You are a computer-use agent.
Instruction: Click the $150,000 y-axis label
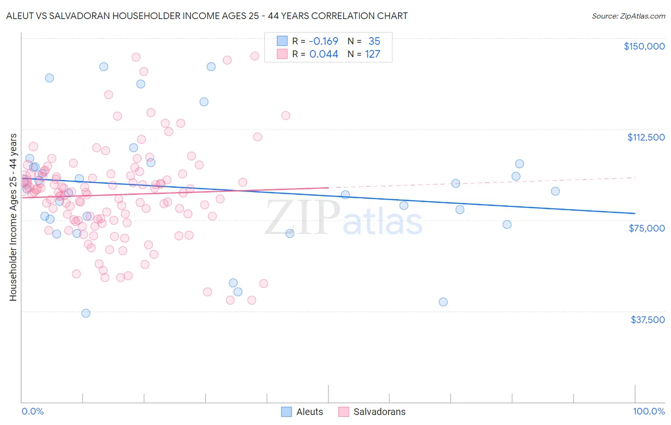pyautogui.click(x=644, y=46)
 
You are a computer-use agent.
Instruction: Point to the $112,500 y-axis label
pyautogui.click(x=646, y=137)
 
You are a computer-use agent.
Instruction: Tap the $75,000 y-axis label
pyautogui.click(x=647, y=228)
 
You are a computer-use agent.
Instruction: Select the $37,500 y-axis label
pyautogui.click(x=648, y=320)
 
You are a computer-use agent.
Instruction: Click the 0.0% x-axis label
pyautogui.click(x=32, y=412)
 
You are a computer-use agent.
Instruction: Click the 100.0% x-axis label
pyautogui.click(x=649, y=412)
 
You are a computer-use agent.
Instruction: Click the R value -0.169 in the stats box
pyautogui.click(x=324, y=41)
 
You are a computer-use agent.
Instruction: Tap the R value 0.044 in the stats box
pyautogui.click(x=324, y=54)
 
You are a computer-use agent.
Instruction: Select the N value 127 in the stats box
pyautogui.click(x=372, y=54)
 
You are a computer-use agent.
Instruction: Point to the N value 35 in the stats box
pyautogui.click(x=374, y=41)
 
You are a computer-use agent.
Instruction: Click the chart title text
pyautogui.click(x=207, y=16)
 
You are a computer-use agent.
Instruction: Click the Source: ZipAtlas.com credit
pyautogui.click(x=628, y=16)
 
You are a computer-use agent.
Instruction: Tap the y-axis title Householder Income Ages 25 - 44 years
pyautogui.click(x=13, y=217)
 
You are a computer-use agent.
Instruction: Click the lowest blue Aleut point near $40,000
pyautogui.click(x=86, y=313)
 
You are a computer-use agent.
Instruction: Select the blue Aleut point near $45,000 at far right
pyautogui.click(x=443, y=302)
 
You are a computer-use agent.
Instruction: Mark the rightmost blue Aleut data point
pyautogui.click(x=555, y=191)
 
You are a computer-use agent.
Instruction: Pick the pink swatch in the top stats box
pyautogui.click(x=282, y=54)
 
